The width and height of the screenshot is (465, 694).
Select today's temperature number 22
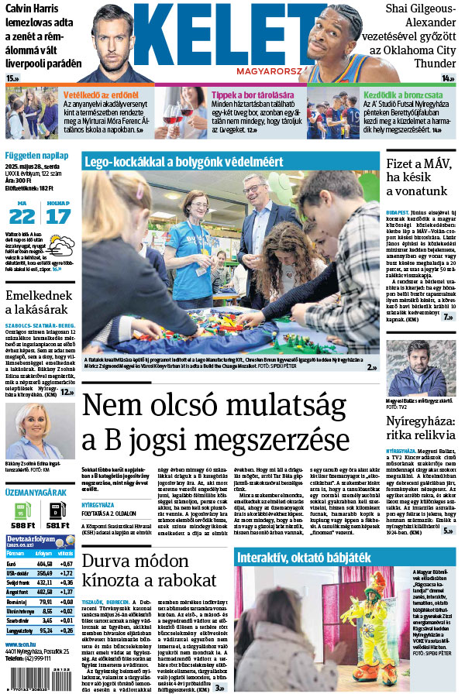pos(22,215)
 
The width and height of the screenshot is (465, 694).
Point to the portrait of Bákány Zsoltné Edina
pos(36,430)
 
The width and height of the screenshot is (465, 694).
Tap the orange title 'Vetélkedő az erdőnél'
pos(101,94)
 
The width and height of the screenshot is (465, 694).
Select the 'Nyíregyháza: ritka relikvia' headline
pos(422,429)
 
